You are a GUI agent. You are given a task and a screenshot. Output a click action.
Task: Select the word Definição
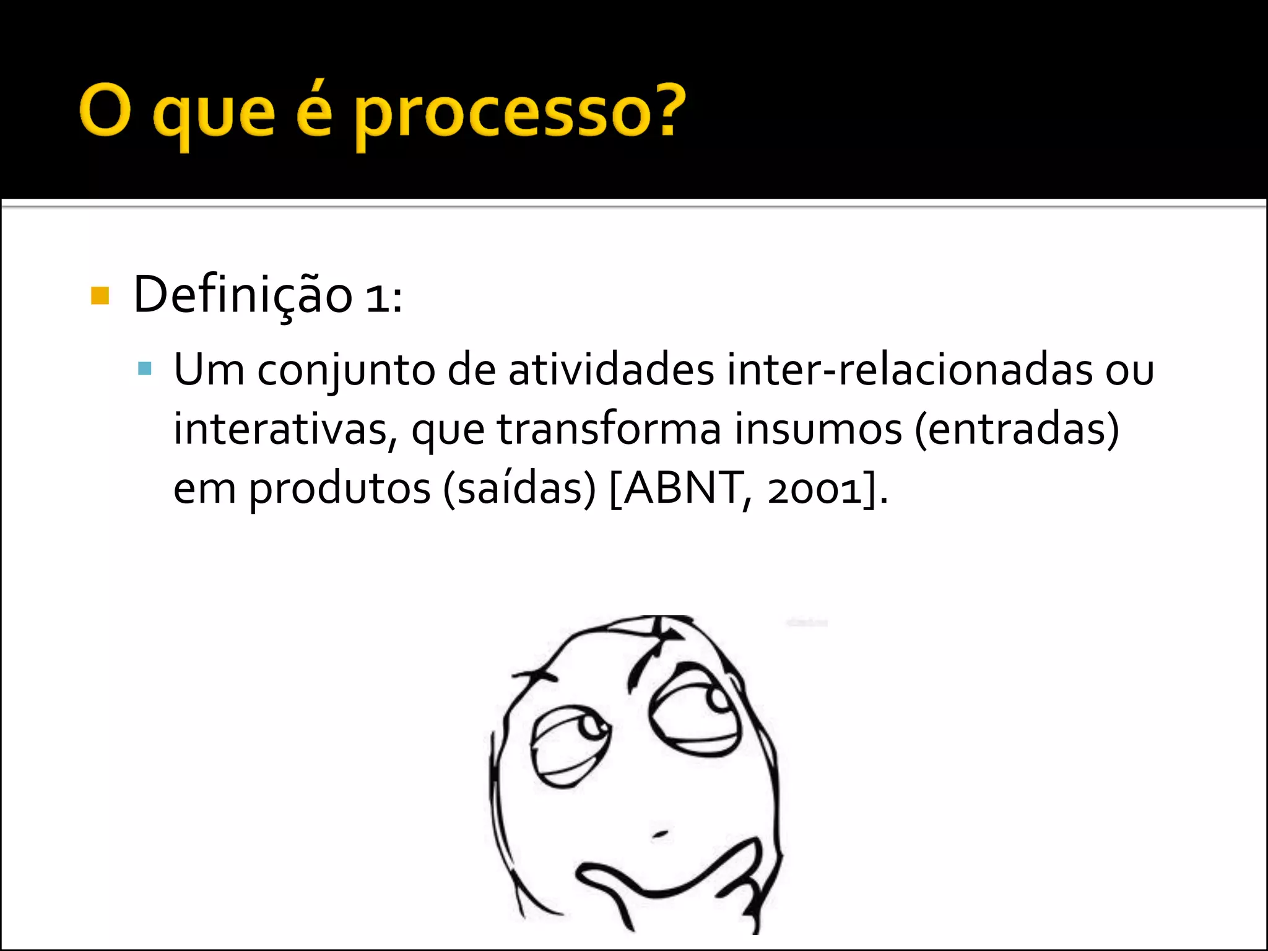(243, 295)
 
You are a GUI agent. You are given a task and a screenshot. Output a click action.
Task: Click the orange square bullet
(100, 296)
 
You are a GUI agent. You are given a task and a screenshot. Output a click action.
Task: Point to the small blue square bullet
(145, 370)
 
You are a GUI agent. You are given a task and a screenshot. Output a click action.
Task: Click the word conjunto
(346, 371)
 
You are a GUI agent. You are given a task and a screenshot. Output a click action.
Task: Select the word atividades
(611, 370)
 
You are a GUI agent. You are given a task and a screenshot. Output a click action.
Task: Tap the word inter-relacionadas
(910, 370)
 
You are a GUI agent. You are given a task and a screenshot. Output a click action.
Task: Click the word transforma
(609, 429)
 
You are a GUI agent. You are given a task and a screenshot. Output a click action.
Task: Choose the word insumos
(818, 429)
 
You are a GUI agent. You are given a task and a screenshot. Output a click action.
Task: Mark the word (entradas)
(1017, 429)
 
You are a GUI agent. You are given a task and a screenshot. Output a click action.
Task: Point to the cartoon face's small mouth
(660, 834)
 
